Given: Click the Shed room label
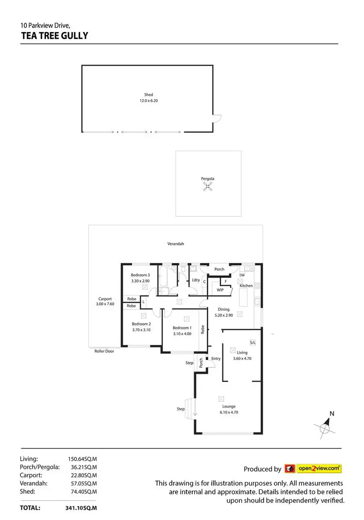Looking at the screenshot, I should point(149,95).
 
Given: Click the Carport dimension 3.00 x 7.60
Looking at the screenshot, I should point(105,304).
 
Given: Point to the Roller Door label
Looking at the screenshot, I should point(104,351).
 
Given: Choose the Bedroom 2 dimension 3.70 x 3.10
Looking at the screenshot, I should point(142,329).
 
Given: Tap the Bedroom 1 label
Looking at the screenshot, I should point(182,328).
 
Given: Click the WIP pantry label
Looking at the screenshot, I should point(220,290).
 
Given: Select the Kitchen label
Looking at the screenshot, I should point(246,286).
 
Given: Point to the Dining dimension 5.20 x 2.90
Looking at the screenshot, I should point(224,315).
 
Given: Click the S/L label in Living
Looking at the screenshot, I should point(252,342).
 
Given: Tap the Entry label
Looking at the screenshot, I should point(216,359).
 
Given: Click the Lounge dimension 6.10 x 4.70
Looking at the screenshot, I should point(229,412).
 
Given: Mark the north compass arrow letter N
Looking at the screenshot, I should point(332,414).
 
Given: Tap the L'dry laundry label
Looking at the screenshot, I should point(196,280).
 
